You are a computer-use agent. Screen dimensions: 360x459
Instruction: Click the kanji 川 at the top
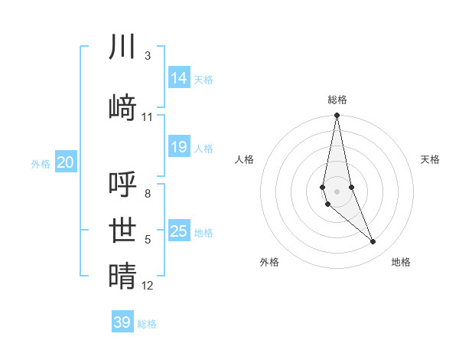(122, 47)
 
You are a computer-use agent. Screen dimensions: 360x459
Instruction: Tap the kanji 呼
(122, 184)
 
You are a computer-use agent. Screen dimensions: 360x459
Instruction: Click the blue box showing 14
(179, 78)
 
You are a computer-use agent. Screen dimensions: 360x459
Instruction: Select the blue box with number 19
(179, 147)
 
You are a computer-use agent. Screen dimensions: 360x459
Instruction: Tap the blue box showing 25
(179, 231)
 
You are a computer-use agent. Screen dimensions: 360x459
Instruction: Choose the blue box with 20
(66, 162)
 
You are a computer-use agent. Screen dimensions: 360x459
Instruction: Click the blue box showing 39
(122, 322)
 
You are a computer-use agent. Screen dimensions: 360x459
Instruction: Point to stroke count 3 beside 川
(148, 56)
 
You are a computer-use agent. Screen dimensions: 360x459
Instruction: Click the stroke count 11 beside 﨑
(148, 117)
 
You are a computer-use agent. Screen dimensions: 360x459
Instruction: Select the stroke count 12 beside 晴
(148, 286)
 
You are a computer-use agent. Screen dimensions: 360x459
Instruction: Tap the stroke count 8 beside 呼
(148, 194)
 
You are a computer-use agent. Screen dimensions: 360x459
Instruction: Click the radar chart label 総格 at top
(337, 100)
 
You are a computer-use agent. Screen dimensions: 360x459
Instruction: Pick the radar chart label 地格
(401, 262)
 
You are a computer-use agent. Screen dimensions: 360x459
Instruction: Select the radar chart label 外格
(269, 262)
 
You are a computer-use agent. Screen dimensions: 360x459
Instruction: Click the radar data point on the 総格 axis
(337, 116)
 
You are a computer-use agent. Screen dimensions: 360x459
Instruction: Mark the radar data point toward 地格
(373, 242)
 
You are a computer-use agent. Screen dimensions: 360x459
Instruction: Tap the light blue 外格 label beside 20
(41, 163)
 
